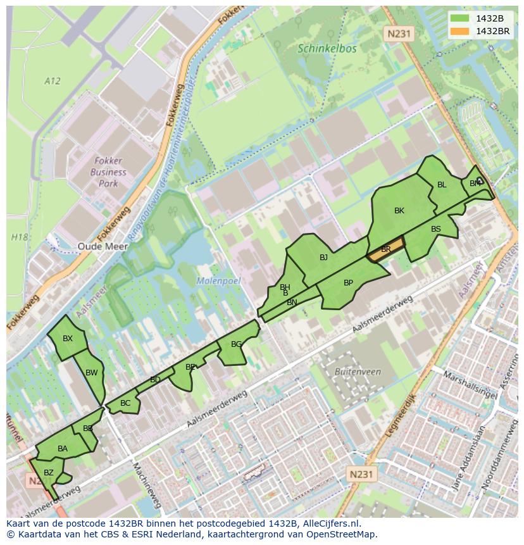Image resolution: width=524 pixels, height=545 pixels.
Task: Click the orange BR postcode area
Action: (385, 249)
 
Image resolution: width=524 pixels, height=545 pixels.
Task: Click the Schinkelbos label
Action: (327, 48)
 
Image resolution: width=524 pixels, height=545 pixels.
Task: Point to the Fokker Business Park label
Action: (108, 172)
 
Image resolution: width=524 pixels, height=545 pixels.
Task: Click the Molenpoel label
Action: (219, 280)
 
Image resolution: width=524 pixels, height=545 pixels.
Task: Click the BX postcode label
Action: (68, 339)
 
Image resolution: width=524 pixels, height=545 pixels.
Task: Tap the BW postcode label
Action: (92, 373)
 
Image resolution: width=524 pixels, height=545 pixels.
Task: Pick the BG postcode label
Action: (236, 344)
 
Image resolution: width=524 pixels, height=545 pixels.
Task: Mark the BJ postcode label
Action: (323, 257)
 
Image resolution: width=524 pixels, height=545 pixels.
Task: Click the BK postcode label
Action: (399, 211)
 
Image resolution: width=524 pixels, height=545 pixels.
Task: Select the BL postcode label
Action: (442, 185)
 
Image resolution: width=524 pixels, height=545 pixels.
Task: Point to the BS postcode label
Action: (436, 229)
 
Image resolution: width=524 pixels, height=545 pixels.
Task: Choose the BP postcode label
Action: (348, 283)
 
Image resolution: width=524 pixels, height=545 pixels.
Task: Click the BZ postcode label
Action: (49, 472)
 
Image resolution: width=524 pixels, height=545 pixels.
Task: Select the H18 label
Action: (20, 237)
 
